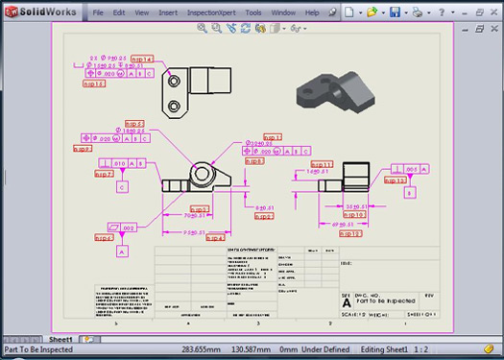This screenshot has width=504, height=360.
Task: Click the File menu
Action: coord(98,13)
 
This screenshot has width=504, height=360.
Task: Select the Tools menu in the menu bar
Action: coord(252,13)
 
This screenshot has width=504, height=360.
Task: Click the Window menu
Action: coord(283,13)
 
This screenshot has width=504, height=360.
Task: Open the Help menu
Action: coord(312,13)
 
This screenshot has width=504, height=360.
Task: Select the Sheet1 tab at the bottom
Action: coord(61,339)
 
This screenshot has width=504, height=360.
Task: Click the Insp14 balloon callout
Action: coord(141,59)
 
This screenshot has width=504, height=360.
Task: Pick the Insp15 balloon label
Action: coord(93,84)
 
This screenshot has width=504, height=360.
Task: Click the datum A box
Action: coord(122,252)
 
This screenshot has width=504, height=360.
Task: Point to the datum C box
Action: coord(122,187)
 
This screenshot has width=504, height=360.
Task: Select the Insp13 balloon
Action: coord(396,180)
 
